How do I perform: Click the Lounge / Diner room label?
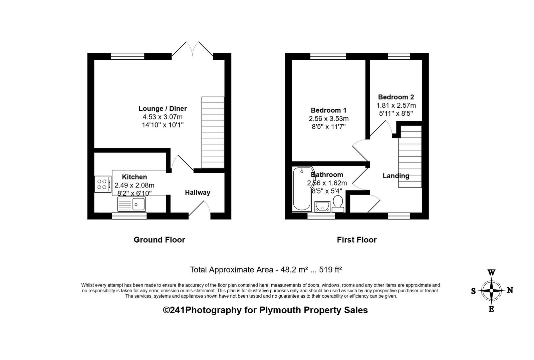pyautogui.click(x=163, y=109)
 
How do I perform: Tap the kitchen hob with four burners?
pyautogui.click(x=103, y=184)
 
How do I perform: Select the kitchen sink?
pyautogui.click(x=131, y=204)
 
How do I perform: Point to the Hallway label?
pyautogui.click(x=198, y=193)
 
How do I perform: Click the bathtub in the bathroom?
pyautogui.click(x=302, y=189)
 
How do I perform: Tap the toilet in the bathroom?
pyautogui.click(x=338, y=204)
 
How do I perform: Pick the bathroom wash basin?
pyautogui.click(x=322, y=207)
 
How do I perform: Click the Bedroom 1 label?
pyautogui.click(x=328, y=110)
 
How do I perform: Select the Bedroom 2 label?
pyautogui.click(x=396, y=97)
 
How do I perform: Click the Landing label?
pyautogui.click(x=396, y=176)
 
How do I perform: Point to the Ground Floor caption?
pyautogui.click(x=159, y=240)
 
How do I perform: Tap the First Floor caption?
pyautogui.click(x=357, y=240)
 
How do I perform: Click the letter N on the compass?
pyautogui.click(x=510, y=290)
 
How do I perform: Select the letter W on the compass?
pyautogui.click(x=492, y=272)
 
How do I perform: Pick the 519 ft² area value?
pyautogui.click(x=331, y=270)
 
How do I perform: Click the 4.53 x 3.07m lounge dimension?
pyautogui.click(x=163, y=117)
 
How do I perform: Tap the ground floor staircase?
pyautogui.click(x=213, y=132)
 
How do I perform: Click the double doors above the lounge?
pyautogui.click(x=192, y=49)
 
